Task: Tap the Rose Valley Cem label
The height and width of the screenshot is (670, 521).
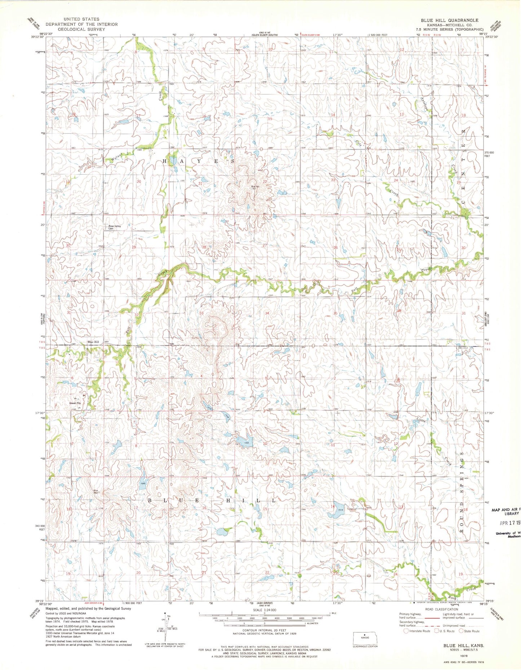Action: click(116, 227)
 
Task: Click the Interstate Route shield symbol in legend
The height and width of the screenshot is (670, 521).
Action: click(406, 631)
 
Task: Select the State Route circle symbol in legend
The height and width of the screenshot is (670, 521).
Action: click(461, 631)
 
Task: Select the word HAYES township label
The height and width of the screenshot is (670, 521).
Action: click(200, 161)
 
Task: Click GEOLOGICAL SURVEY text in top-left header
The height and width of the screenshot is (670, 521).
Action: click(81, 29)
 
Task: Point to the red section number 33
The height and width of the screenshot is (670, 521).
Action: click(202, 313)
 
